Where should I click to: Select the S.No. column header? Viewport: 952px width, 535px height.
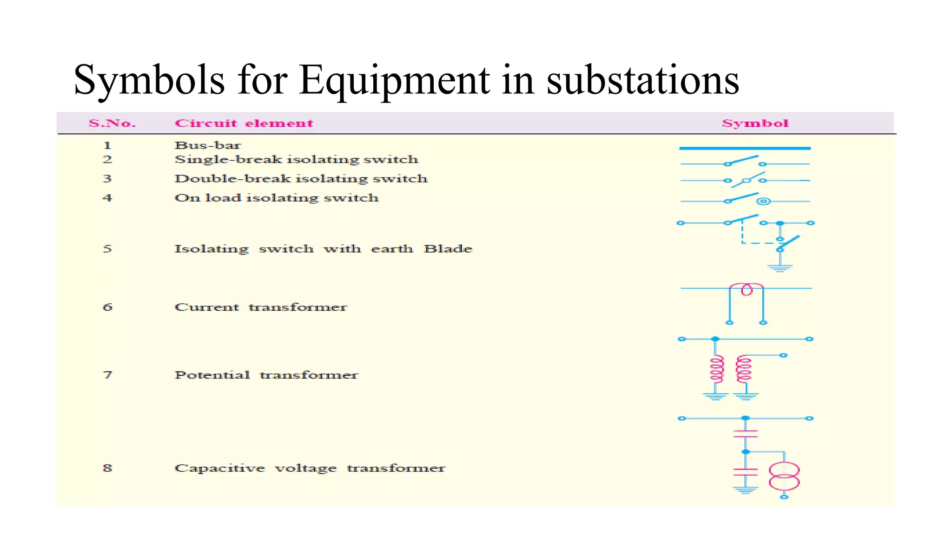pyautogui.click(x=112, y=124)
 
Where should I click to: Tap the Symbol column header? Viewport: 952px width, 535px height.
pyautogui.click(x=755, y=124)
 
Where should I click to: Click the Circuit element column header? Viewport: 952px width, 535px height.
pyautogui.click(x=244, y=124)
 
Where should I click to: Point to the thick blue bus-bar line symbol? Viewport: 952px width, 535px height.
pyautogui.click(x=745, y=148)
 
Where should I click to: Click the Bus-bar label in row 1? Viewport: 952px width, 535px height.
pyautogui.click(x=208, y=145)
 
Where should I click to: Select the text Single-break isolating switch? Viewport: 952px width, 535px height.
pyautogui.click(x=296, y=160)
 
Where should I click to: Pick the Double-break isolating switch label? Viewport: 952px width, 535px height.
pyautogui.click(x=301, y=179)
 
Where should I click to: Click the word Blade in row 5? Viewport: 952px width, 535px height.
pyautogui.click(x=448, y=249)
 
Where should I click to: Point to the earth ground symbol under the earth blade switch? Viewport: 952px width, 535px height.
pyautogui.click(x=780, y=267)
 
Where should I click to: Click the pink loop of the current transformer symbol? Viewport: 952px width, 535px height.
pyautogui.click(x=747, y=289)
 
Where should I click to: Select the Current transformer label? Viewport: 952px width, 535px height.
pyautogui.click(x=261, y=307)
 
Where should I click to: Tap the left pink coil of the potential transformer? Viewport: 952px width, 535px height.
pyautogui.click(x=716, y=369)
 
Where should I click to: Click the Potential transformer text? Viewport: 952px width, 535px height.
pyautogui.click(x=266, y=375)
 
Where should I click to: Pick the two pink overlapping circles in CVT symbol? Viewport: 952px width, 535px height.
pyautogui.click(x=784, y=476)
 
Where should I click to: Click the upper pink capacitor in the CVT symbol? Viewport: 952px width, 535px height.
pyautogui.click(x=745, y=434)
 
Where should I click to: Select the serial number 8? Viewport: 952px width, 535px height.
pyautogui.click(x=107, y=468)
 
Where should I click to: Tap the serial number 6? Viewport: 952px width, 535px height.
pyautogui.click(x=107, y=307)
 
